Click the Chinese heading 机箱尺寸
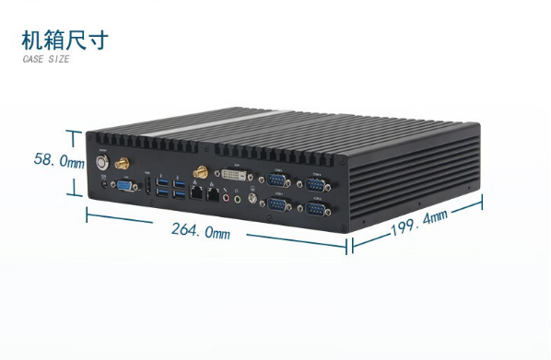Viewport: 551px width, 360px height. (x=64, y=40)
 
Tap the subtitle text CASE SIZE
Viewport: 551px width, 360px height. (x=46, y=60)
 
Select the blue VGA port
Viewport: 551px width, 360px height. (x=124, y=186)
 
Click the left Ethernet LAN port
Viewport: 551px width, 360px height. (x=195, y=193)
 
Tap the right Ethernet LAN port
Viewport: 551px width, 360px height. (x=211, y=195)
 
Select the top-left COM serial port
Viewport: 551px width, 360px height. (x=276, y=180)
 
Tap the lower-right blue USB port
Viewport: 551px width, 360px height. (x=179, y=195)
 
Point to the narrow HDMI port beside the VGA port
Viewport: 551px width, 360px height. (x=147, y=190)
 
